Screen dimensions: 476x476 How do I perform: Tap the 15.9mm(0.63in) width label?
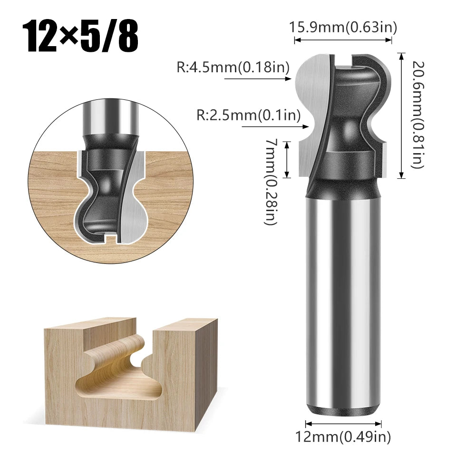point(343,28)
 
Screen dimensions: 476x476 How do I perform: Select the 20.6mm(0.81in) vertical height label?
point(417,114)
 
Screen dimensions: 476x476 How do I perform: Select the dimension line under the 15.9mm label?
point(343,41)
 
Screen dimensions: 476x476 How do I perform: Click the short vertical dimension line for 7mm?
point(287,159)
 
